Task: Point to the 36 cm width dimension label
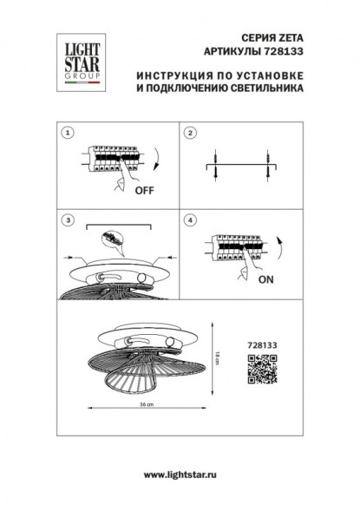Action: [148, 405]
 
